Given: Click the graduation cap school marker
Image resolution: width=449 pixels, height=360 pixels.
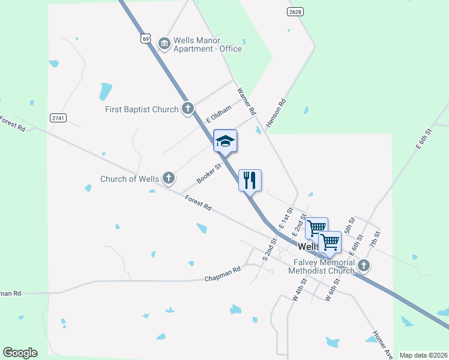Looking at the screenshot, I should [225, 141].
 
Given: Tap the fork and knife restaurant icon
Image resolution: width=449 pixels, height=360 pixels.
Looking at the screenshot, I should [250, 180].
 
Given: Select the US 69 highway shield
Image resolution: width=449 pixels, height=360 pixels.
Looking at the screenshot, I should [145, 38].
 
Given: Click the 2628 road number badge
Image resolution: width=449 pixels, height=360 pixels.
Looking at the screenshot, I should [294, 11].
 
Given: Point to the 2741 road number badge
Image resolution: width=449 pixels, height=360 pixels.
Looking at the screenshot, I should [58, 118].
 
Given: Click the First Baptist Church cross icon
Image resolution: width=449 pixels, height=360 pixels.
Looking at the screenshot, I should [188, 109].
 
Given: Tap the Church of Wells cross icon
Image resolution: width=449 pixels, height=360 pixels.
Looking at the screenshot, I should [169, 178].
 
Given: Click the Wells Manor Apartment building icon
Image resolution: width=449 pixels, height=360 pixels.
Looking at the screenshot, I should [164, 44].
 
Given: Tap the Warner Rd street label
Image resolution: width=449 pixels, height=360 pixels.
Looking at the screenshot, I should [247, 101].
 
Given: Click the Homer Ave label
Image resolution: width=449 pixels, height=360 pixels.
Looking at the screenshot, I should [382, 344].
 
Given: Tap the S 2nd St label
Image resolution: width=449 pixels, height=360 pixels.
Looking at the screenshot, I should [268, 249].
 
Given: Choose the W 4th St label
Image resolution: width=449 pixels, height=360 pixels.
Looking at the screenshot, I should [300, 289].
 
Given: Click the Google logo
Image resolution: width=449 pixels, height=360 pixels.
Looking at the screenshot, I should [20, 353].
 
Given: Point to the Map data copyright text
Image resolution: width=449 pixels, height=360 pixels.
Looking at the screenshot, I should [423, 355].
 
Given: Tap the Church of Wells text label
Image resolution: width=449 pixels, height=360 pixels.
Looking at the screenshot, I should [129, 179].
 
